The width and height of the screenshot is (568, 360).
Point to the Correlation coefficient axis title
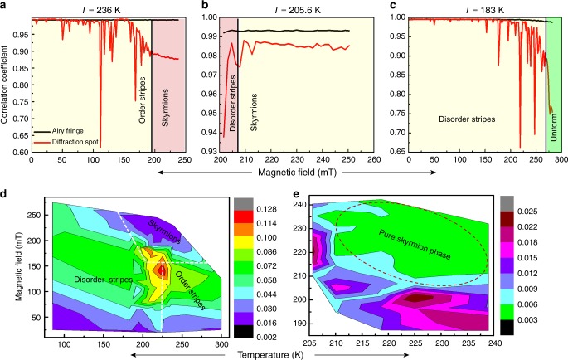click(x=7, y=78)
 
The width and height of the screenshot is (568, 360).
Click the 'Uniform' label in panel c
click(x=555, y=128)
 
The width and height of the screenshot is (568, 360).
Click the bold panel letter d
click(x=5, y=192)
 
